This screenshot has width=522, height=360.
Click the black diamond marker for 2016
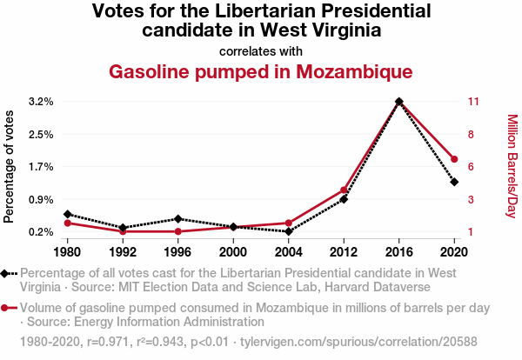(398, 102)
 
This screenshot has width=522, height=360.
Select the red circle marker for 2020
(454, 159)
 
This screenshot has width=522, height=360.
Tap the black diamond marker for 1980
(67, 214)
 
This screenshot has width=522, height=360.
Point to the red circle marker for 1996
(177, 231)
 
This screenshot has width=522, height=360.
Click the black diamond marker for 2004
(288, 231)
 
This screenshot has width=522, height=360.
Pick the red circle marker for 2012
(344, 190)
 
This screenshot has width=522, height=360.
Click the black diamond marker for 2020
(454, 182)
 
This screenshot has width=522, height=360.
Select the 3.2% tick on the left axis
(41, 102)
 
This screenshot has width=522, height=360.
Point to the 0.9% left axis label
(41, 199)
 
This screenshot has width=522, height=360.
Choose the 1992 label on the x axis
(122, 253)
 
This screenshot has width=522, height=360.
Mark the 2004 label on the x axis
(288, 253)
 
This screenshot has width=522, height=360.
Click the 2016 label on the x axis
(398, 253)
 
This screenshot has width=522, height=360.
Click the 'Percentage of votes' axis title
(10, 166)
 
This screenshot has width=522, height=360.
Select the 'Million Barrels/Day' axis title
(512, 166)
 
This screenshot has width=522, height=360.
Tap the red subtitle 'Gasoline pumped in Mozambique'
(260, 71)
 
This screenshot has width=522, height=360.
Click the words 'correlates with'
(260, 50)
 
